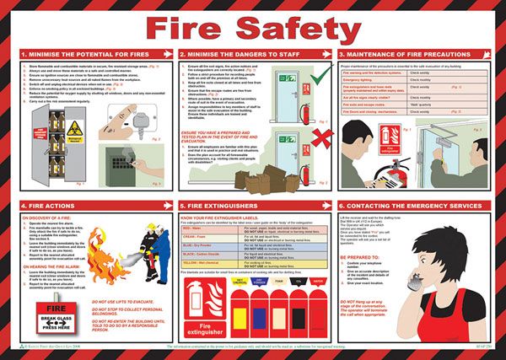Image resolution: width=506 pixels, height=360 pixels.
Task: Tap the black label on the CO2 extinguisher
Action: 300,309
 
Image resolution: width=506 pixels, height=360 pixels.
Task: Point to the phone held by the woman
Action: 396,308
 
